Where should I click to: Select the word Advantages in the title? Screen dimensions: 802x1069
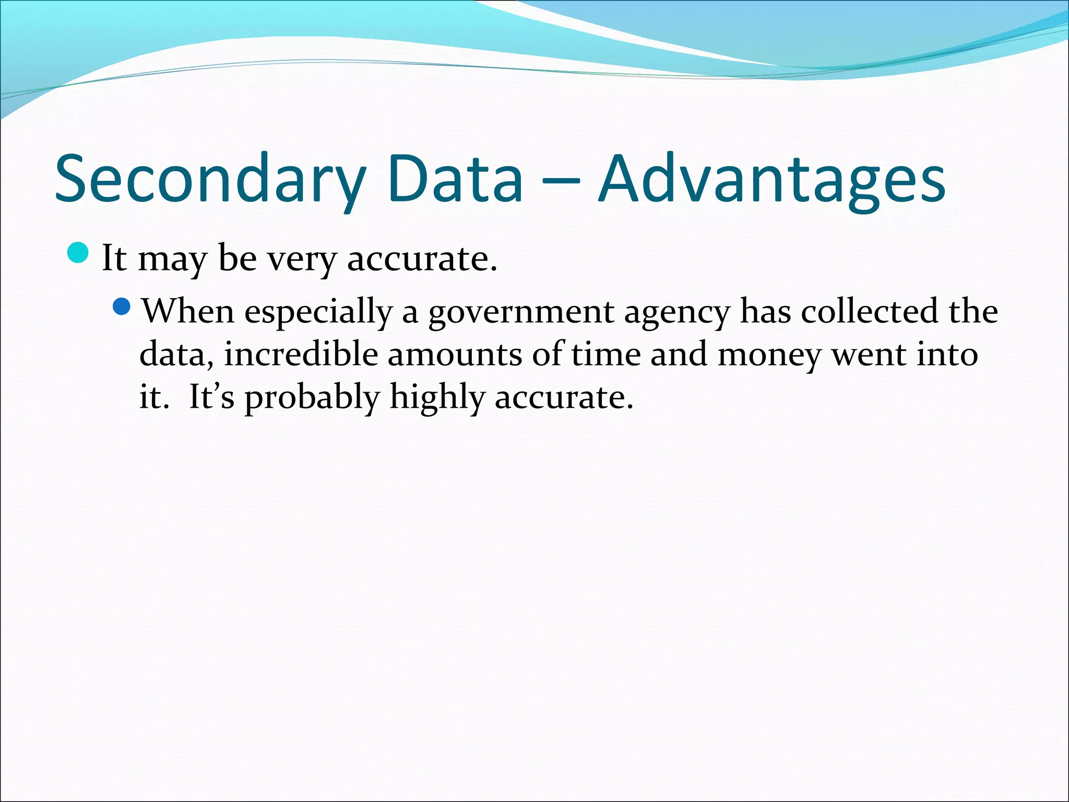771,179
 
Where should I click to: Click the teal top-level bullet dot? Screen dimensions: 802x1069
79,253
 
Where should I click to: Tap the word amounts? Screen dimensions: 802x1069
454,355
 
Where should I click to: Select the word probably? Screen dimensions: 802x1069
312,398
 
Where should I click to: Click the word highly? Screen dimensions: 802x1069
437,398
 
